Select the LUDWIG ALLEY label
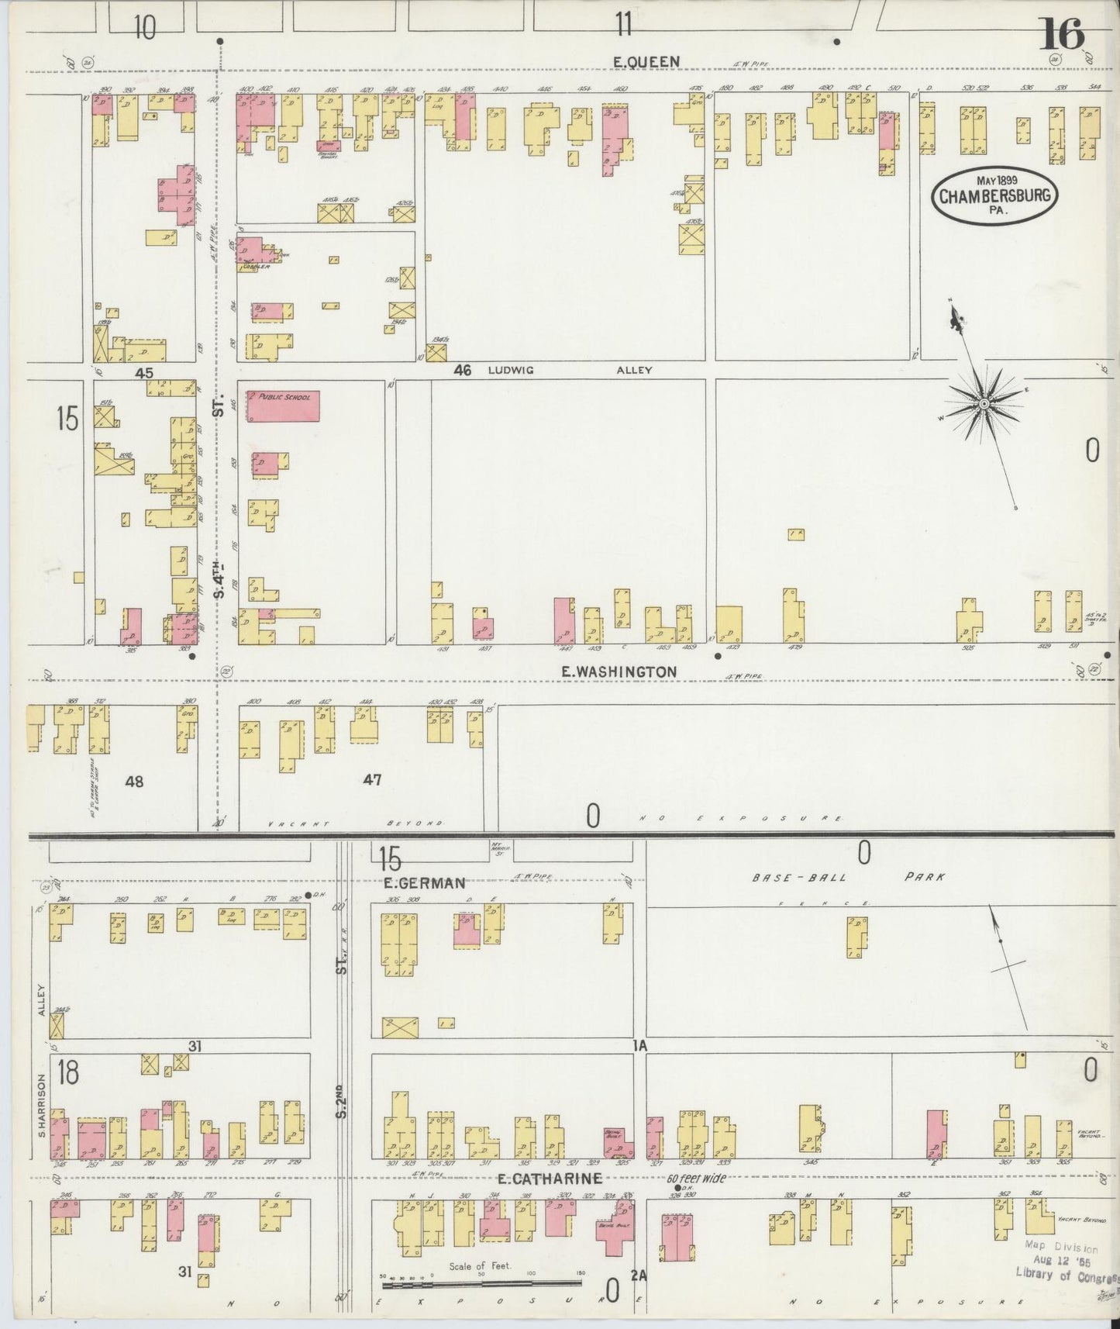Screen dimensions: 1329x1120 570,371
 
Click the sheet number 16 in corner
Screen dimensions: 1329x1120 1061,33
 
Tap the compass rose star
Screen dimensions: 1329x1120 983,403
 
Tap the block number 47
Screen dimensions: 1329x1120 372,781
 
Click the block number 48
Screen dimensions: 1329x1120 134,782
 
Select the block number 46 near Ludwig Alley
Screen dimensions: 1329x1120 463,371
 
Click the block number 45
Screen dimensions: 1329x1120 144,373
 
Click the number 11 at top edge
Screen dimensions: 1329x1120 623,27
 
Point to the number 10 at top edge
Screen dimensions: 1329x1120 143,28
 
